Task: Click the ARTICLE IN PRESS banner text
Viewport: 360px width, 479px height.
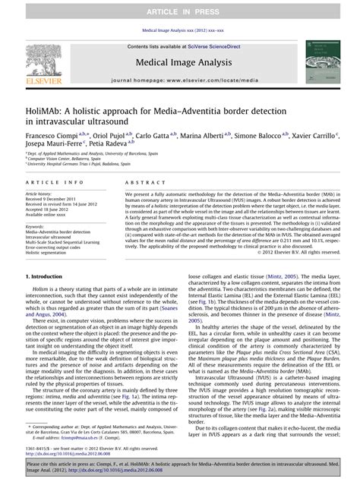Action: point(180,10)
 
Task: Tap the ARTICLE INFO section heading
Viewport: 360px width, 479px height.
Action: point(55,183)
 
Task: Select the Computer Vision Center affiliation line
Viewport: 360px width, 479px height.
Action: point(62,159)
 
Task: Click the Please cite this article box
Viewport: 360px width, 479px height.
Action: point(180,464)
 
